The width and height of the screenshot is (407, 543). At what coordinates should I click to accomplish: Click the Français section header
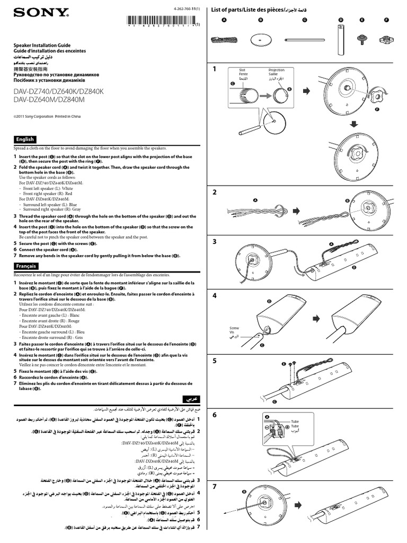pyautogui.click(x=26, y=265)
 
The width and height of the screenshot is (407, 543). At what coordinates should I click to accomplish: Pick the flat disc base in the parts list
pyautogui.click(x=260, y=39)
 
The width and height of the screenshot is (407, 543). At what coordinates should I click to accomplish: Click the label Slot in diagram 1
pyautogui.click(x=242, y=69)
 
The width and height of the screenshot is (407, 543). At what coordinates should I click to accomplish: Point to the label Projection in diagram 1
pyautogui.click(x=276, y=69)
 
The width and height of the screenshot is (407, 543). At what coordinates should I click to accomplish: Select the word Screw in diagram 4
pyautogui.click(x=234, y=328)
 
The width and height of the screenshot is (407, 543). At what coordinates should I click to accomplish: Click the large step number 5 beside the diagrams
pyautogui.click(x=215, y=361)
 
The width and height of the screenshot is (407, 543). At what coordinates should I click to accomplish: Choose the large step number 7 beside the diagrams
pyautogui.click(x=215, y=486)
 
